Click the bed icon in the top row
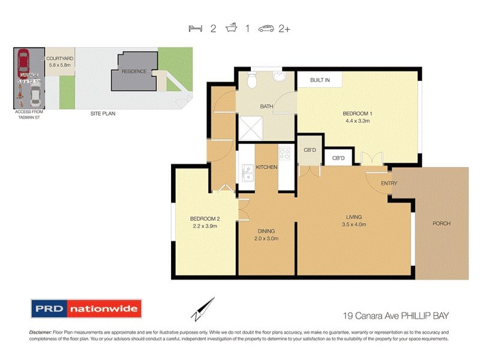[194, 28]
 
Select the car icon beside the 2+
[266, 28]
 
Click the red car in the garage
[23, 61]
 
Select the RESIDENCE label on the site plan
[134, 71]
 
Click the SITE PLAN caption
[103, 113]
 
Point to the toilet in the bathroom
[253, 80]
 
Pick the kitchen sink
[247, 173]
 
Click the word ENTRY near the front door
[390, 184]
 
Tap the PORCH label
[441, 223]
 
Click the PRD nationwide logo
[86, 309]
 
